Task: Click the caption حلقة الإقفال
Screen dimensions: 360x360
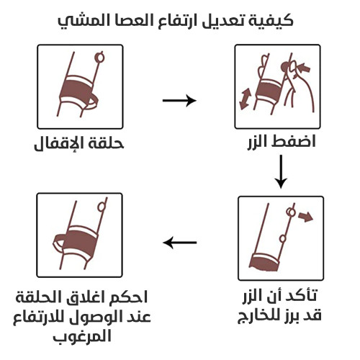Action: (78, 143)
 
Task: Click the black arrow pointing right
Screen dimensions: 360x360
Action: (179, 100)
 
